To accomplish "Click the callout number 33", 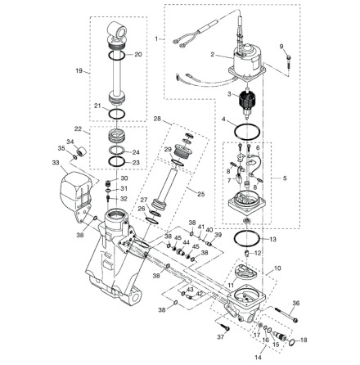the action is click(56, 163).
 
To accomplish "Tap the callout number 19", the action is click(79, 71).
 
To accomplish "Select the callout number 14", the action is click(258, 357).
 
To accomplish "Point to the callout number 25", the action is click(201, 194).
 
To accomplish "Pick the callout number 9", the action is click(281, 47).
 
